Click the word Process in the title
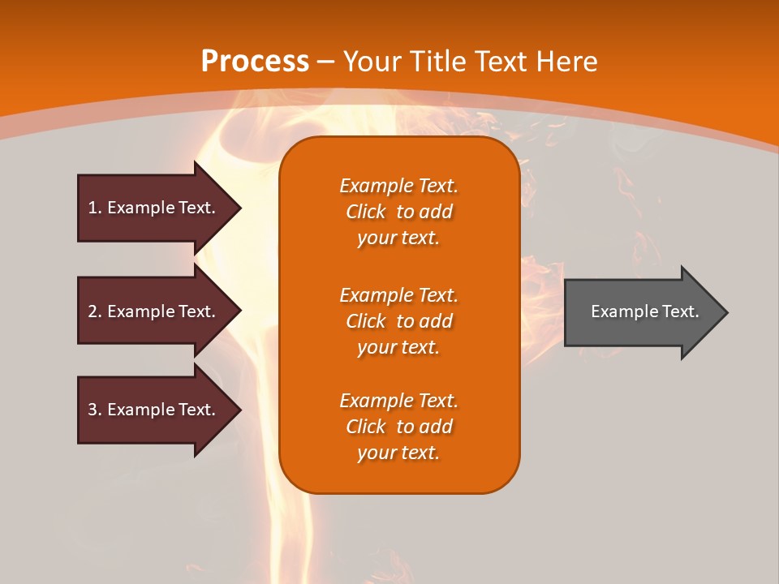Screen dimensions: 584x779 (255, 62)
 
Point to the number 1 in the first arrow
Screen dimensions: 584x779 (93, 208)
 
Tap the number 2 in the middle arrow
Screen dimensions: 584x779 (93, 311)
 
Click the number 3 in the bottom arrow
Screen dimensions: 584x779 (93, 410)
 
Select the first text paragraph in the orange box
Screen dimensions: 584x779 (398, 212)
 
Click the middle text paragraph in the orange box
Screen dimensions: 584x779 (398, 321)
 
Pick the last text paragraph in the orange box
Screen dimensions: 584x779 (398, 427)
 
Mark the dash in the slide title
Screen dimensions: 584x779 (326, 62)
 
